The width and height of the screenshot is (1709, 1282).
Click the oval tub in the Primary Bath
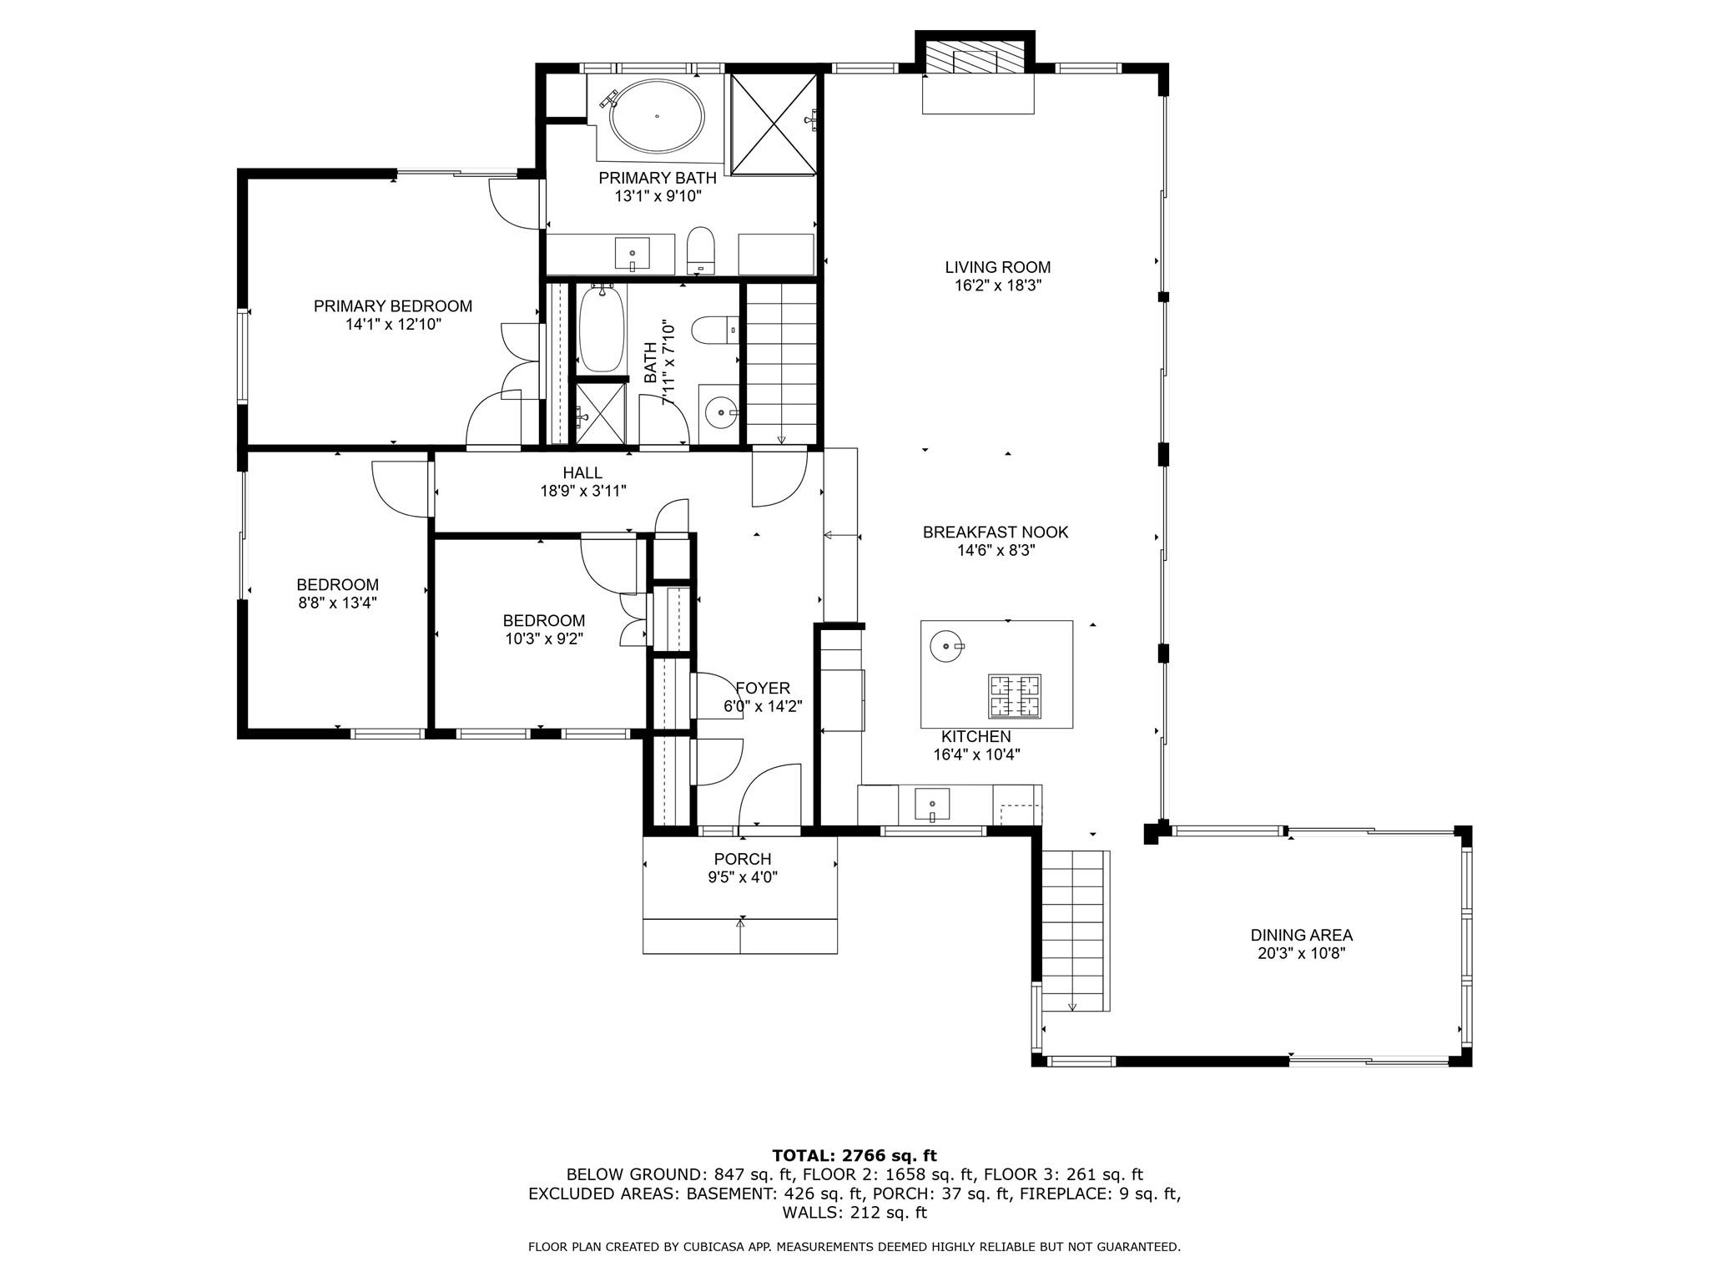pyautogui.click(x=657, y=117)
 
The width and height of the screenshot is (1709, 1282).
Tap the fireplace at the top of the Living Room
pyautogui.click(x=975, y=58)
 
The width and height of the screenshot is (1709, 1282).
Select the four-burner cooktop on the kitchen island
pyautogui.click(x=1015, y=696)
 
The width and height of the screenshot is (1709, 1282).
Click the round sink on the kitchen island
pyautogui.click(x=945, y=646)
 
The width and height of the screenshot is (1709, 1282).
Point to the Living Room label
pyautogui.click(x=997, y=267)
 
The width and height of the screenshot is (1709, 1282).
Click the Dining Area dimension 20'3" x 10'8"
pyautogui.click(x=1301, y=953)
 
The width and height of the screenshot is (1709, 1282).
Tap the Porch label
pyautogui.click(x=742, y=859)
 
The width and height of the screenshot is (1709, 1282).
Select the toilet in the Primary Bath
pyautogui.click(x=701, y=250)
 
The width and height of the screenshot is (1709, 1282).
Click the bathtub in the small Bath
pyautogui.click(x=602, y=329)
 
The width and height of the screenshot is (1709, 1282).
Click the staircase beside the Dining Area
pyautogui.click(x=1074, y=930)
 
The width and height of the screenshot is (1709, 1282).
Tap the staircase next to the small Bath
pyautogui.click(x=780, y=363)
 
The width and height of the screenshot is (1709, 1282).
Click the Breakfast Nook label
pyautogui.click(x=995, y=532)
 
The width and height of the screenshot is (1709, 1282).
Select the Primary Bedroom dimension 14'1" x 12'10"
pyautogui.click(x=393, y=325)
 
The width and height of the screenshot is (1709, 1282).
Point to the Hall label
pyautogui.click(x=582, y=473)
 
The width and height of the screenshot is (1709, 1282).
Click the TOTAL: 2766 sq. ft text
pyautogui.click(x=854, y=1155)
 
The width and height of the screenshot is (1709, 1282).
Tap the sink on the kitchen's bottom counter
pyautogui.click(x=932, y=805)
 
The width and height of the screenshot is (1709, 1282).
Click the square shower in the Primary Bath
pyautogui.click(x=774, y=124)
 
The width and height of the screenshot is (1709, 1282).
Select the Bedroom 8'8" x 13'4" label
pyautogui.click(x=337, y=585)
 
